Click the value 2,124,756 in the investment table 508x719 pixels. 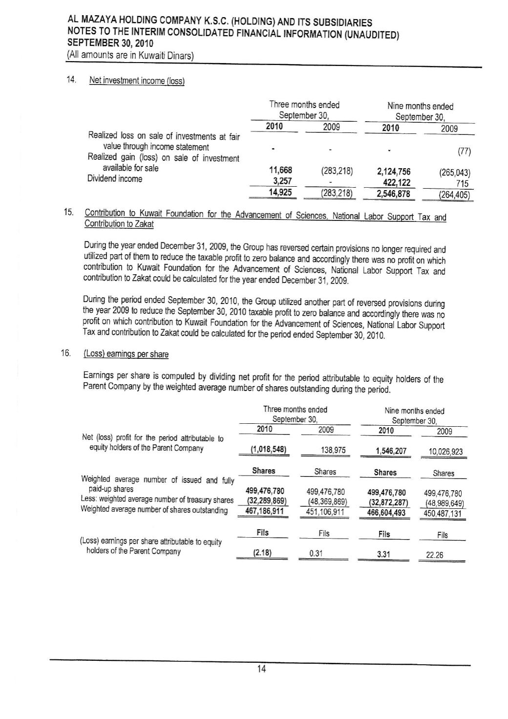tap(394, 172)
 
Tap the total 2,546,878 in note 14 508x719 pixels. tap(394, 194)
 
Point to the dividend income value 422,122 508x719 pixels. tap(397, 183)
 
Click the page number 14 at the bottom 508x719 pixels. tap(261, 670)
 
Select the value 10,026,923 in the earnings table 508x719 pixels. tap(445, 452)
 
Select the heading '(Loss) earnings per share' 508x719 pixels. tap(126, 354)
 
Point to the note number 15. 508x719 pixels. tap(69, 213)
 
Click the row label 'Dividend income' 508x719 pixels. tap(115, 179)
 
